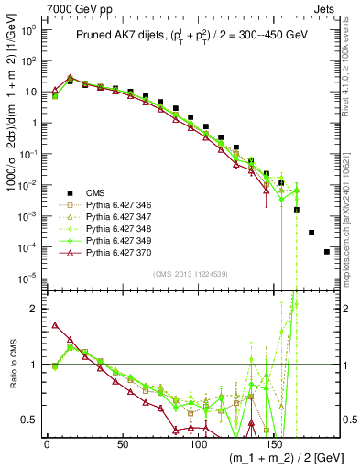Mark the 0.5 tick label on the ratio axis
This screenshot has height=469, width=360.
tap(30, 420)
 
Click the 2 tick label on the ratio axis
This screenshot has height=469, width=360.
tap(35, 309)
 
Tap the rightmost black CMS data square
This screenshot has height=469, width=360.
tap(327, 251)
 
